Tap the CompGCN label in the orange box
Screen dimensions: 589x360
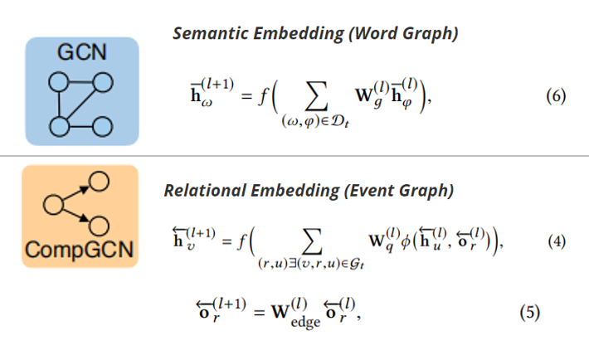[x=80, y=249]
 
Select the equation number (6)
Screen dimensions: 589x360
[x=555, y=96]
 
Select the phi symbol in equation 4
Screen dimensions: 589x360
[x=411, y=243]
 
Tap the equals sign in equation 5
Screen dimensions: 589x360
[x=258, y=313]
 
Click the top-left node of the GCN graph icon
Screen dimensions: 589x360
[x=58, y=82]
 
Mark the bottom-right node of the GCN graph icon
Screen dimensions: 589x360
[x=102, y=127]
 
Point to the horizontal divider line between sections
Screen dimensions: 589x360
[x=294, y=155]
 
